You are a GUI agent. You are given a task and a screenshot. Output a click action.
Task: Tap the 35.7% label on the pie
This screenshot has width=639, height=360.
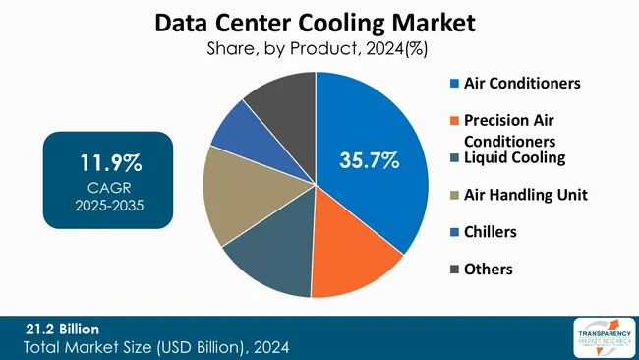coord(369,160)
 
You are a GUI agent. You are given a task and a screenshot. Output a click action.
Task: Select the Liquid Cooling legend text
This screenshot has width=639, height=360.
coord(514,157)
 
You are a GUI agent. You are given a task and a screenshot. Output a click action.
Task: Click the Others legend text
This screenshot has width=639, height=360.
coord(488,269)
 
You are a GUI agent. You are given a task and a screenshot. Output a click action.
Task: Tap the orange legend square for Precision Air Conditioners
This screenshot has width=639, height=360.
coord(453,121)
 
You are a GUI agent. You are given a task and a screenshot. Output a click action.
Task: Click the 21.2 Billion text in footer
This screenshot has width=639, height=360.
coord(63,328)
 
